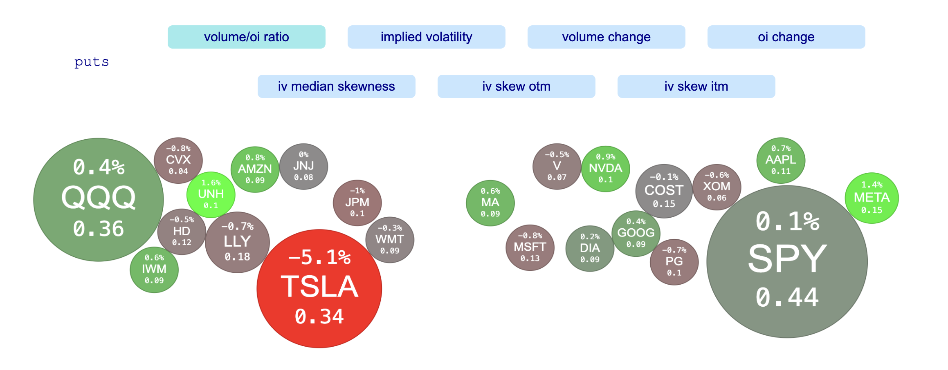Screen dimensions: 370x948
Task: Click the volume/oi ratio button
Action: tap(246, 37)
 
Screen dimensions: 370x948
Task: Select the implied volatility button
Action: tap(426, 37)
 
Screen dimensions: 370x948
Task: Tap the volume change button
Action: tap(606, 37)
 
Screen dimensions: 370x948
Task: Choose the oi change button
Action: tap(786, 37)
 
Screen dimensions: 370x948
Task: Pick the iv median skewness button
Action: tap(336, 87)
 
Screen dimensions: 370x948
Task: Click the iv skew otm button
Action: tap(516, 87)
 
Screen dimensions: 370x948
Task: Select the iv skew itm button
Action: tap(696, 87)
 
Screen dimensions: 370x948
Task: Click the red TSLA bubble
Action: tap(319, 288)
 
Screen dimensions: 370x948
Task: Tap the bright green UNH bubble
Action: tap(211, 194)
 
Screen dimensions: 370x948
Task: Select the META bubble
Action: tap(872, 198)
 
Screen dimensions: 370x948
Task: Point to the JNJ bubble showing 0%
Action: tap(303, 166)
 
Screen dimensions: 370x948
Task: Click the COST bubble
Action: tap(664, 191)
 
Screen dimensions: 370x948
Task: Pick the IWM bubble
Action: tap(154, 270)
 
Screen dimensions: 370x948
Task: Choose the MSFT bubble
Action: tap(530, 247)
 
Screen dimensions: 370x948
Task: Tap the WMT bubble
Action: tap(389, 240)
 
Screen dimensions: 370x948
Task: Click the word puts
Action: tap(92, 62)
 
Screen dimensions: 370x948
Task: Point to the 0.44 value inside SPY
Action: tap(787, 297)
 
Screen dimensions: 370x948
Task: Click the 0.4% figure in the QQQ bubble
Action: tap(99, 167)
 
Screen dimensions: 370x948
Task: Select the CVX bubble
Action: tap(178, 160)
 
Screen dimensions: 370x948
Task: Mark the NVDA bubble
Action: tap(605, 168)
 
